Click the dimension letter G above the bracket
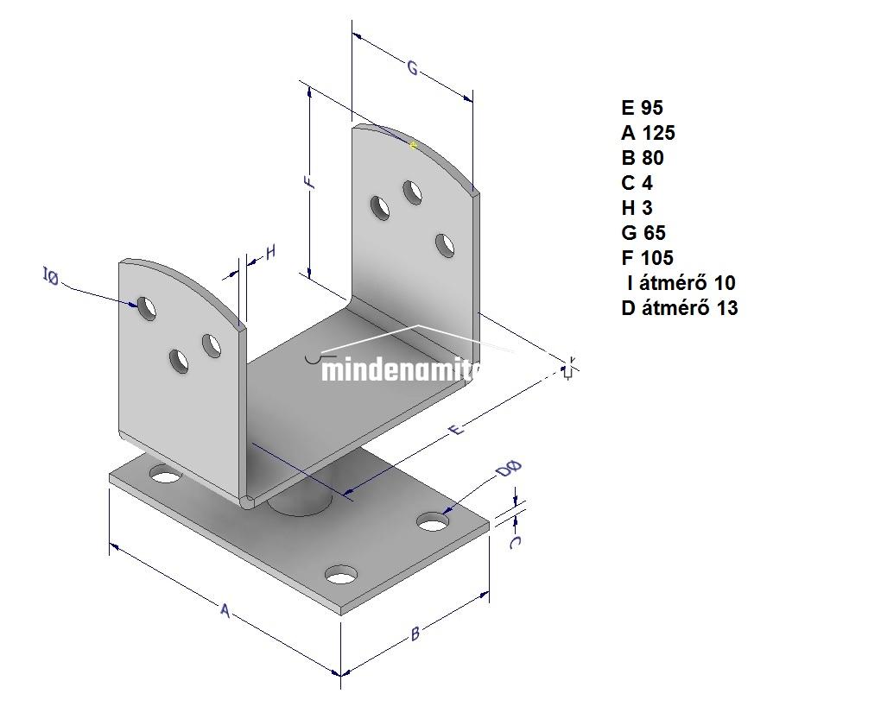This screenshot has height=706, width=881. [x=413, y=68]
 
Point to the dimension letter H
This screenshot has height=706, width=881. [x=270, y=252]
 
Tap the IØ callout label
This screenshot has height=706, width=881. [x=51, y=277]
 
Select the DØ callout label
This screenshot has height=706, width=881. [x=509, y=470]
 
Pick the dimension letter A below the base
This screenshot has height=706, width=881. [x=225, y=611]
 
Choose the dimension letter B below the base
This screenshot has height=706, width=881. [x=415, y=634]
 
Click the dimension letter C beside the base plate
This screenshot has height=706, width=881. [x=515, y=542]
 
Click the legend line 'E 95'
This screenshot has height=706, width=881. [x=642, y=108]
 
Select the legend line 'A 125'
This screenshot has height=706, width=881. [x=648, y=133]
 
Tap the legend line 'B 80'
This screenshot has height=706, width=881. [x=643, y=158]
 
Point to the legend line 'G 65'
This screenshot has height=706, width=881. [x=643, y=233]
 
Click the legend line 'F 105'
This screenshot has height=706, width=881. [x=647, y=258]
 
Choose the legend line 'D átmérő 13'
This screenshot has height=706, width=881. [x=679, y=308]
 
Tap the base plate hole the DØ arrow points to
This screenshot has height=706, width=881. [x=434, y=522]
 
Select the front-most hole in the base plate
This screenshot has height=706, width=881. [x=342, y=576]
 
